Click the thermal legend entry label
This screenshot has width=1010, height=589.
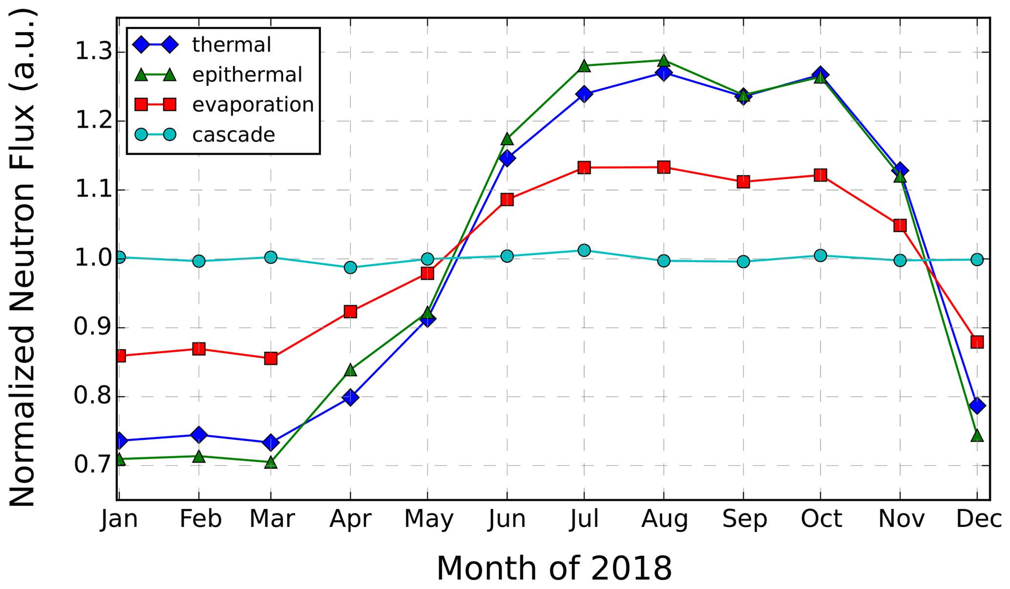click(x=231, y=45)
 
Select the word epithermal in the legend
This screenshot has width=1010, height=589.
click(x=247, y=75)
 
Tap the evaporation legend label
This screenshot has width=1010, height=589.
click(x=253, y=105)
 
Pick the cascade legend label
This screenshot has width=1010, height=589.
click(x=234, y=135)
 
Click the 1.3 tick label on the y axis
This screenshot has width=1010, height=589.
click(x=93, y=52)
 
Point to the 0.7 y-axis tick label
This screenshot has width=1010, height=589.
click(x=93, y=465)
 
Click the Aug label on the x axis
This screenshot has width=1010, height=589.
click(x=664, y=519)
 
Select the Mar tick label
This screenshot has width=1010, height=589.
click(x=272, y=519)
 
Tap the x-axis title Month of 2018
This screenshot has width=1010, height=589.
click(x=554, y=568)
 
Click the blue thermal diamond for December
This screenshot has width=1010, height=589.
click(x=977, y=406)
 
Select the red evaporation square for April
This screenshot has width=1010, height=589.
click(x=350, y=312)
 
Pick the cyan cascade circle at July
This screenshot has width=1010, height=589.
click(x=584, y=250)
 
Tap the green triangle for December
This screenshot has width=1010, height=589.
click(x=977, y=435)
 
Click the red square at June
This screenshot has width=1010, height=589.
click(x=507, y=200)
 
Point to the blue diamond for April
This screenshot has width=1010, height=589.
click(x=350, y=397)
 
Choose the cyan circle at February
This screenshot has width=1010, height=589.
click(x=198, y=261)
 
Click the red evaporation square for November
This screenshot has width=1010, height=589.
click(x=900, y=226)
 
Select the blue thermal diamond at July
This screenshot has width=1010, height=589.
click(x=584, y=93)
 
